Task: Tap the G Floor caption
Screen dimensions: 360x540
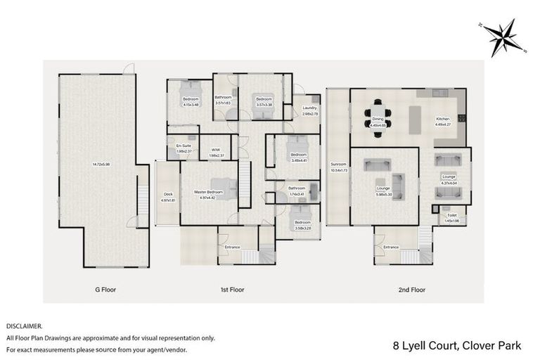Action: pyautogui.click(x=105, y=289)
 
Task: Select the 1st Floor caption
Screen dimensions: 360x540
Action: pyautogui.click(x=233, y=289)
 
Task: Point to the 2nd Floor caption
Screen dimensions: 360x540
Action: pyautogui.click(x=412, y=289)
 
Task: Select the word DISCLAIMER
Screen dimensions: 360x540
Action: pyautogui.click(x=24, y=326)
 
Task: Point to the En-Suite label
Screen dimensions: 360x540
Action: pyautogui.click(x=183, y=146)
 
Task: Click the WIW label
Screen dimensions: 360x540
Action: pyautogui.click(x=216, y=150)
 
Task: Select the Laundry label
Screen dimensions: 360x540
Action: pyautogui.click(x=310, y=108)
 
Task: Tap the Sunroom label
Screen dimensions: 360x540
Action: pyautogui.click(x=338, y=165)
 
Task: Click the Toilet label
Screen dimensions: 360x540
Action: pyautogui.click(x=451, y=216)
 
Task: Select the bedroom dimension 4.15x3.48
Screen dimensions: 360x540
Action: pyautogui.click(x=191, y=105)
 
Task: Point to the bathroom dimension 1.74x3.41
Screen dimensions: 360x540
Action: pyautogui.click(x=296, y=193)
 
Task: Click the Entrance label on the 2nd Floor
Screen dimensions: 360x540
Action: pyautogui.click(x=390, y=247)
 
